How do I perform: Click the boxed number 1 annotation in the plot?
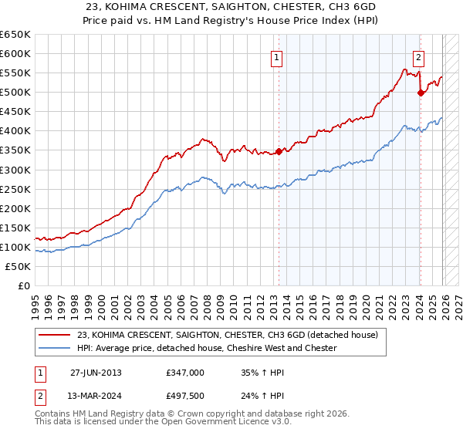pyautogui.click(x=276, y=56)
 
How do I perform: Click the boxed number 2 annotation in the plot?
pyautogui.click(x=418, y=56)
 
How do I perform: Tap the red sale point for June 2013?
pyautogui.click(x=279, y=151)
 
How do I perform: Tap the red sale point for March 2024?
pyautogui.click(x=421, y=93)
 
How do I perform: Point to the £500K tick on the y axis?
pyautogui.click(x=15, y=93)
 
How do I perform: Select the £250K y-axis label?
pyautogui.click(x=15, y=189)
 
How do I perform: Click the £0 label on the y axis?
pyautogui.click(x=23, y=286)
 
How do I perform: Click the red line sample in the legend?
pyautogui.click(x=54, y=335)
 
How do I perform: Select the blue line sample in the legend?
pyautogui.click(x=54, y=348)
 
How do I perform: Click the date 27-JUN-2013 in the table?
pyautogui.click(x=96, y=372)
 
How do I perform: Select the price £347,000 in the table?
pyautogui.click(x=184, y=372)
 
